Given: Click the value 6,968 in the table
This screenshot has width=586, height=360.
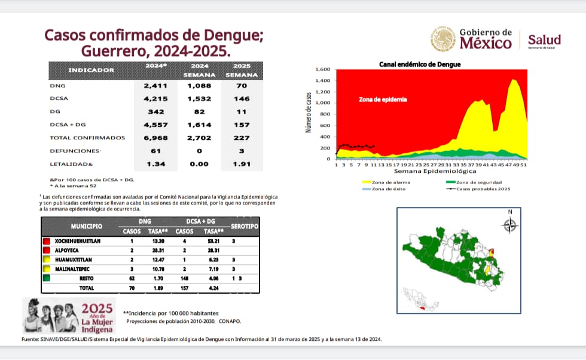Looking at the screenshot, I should [x=152, y=138].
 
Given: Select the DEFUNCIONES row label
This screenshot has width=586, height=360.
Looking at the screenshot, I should [x=74, y=151].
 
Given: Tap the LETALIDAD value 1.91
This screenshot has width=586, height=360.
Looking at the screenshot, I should [x=242, y=163].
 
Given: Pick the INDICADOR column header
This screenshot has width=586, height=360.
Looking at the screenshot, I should [x=91, y=70].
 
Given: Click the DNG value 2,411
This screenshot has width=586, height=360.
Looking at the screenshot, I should [x=152, y=86].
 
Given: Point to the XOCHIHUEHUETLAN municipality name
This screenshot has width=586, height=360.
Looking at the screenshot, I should [x=84, y=240].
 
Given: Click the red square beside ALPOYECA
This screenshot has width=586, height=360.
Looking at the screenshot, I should [x=45, y=250].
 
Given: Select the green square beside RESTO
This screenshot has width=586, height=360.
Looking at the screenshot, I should [x=45, y=278].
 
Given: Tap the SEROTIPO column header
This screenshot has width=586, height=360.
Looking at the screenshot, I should [x=244, y=227].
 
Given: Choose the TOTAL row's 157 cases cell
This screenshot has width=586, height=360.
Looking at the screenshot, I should [x=185, y=288].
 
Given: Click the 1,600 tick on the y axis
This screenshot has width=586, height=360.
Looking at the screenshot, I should [x=322, y=69].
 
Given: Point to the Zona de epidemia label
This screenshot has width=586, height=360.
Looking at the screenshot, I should [x=383, y=99].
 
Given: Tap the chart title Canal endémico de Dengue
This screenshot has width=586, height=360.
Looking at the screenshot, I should [x=420, y=64].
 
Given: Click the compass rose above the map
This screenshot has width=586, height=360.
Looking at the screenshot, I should [x=509, y=224].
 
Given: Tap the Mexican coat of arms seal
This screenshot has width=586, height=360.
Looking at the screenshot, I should [x=442, y=39].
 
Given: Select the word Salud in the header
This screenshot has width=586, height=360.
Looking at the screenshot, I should [x=544, y=39].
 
